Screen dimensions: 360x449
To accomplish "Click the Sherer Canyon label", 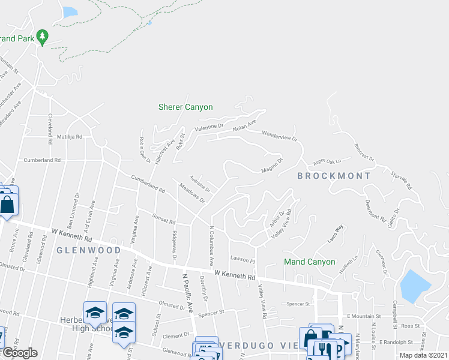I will click(185, 107).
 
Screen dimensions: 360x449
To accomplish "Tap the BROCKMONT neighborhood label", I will click(334, 176).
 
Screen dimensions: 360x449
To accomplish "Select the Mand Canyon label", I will click(310, 262).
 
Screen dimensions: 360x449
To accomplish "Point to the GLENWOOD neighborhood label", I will click(85, 250).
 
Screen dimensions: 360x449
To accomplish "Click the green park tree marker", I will click(42, 38).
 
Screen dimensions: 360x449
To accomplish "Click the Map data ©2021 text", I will click(423, 355).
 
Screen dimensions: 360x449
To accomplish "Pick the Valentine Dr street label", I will click(209, 128).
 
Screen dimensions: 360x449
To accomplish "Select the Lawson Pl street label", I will click(244, 261).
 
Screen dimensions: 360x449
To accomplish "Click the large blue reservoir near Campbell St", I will click(413, 286).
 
